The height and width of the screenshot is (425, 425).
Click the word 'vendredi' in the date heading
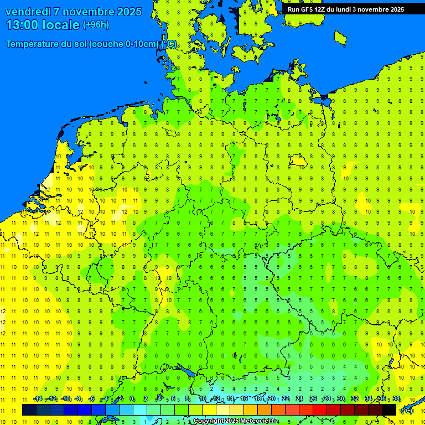pos(28,12)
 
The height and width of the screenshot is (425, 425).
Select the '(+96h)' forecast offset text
pos(96,25)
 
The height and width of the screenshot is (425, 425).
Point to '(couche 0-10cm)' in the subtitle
pos(123,44)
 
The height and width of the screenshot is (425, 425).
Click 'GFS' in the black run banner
pos(308,9)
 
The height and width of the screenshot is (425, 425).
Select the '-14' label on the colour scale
pos(37,399)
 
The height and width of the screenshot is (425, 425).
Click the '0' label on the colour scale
pos(132,399)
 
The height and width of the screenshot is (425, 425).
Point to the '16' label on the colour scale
pos(244,399)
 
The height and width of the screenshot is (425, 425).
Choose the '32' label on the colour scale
pos(355,399)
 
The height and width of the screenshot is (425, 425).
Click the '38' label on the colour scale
pos(396,399)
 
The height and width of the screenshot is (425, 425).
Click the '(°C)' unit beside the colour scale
pos(407,411)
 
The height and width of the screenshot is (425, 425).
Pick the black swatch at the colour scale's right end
pos(389,410)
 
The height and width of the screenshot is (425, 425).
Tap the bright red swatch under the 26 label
pos(320,410)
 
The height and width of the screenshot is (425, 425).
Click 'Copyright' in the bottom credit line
pos(209,421)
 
